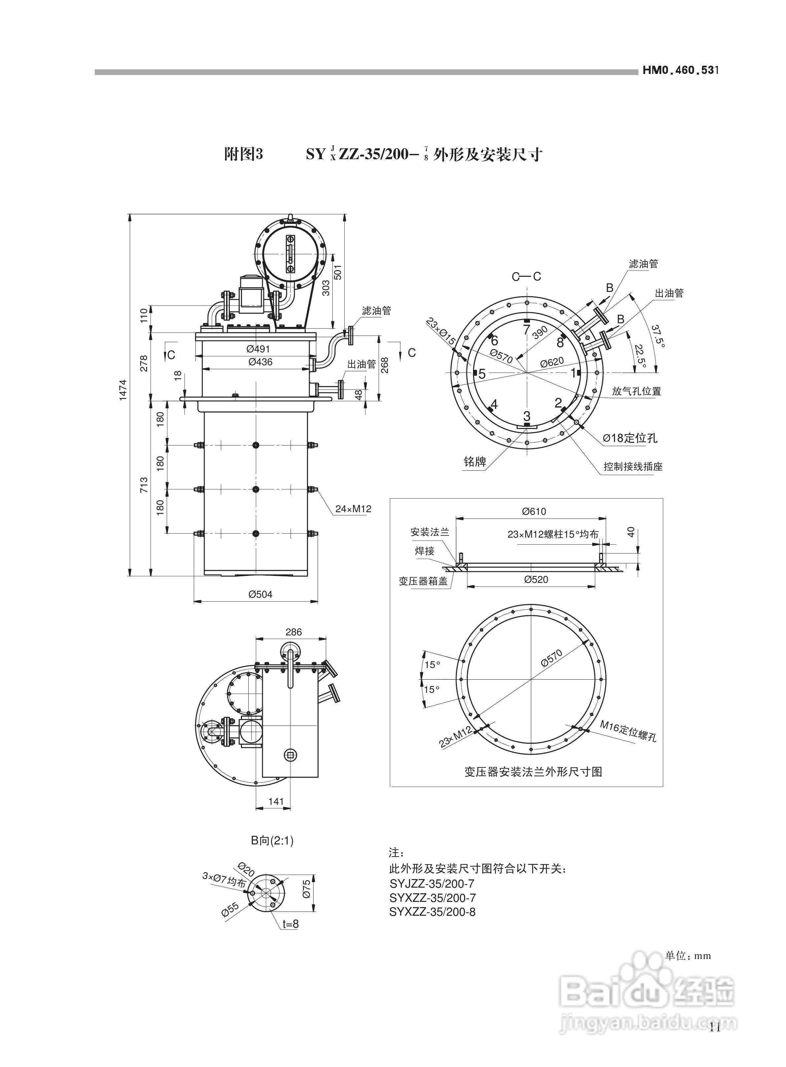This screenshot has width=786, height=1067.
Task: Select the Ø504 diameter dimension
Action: pos(260,594)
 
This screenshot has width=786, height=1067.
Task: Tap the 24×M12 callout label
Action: pos(353,509)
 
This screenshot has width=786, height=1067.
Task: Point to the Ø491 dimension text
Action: pos(258,349)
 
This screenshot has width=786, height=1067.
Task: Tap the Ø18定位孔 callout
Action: pos(630,438)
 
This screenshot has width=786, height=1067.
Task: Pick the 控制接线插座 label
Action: pos(633,466)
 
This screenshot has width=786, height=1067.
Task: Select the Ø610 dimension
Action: pos(534,512)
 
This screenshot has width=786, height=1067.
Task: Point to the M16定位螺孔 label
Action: pos(628,730)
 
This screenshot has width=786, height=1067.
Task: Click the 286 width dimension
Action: pos(293,632)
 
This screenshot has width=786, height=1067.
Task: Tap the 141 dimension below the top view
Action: pos(276,801)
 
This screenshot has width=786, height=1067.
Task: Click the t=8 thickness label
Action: pos(290,924)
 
